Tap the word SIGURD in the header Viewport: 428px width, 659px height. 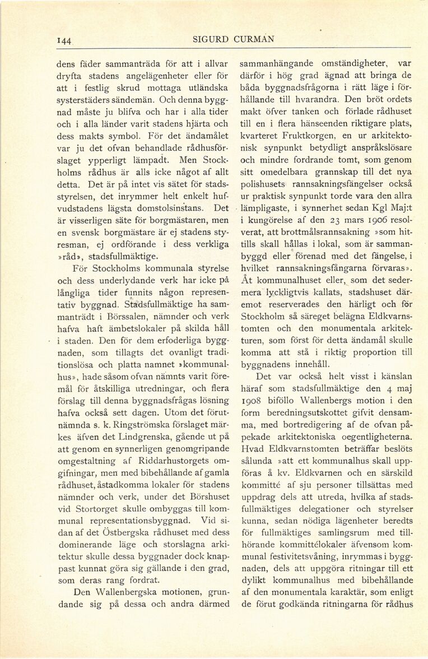click(210, 39)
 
